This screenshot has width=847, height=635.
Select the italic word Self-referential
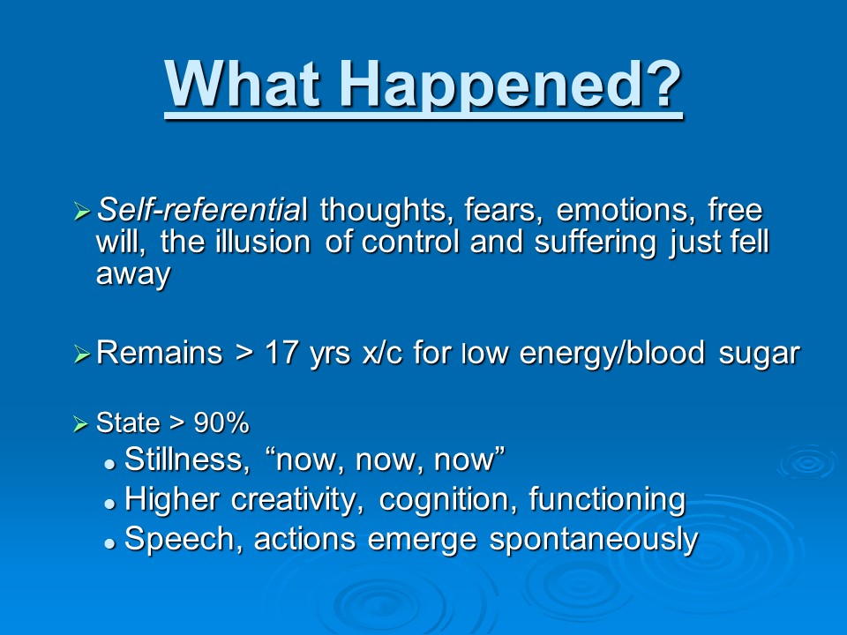202,210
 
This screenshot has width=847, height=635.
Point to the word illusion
263,242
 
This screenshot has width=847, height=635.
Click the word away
133,275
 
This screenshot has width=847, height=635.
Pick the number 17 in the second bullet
282,353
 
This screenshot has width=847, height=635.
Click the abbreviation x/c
382,353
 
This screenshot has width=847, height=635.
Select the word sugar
759,355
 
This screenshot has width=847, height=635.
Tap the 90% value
221,422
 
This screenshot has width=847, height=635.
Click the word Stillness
187,459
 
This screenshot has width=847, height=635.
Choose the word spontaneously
594,540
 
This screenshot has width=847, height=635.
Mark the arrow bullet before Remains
81,355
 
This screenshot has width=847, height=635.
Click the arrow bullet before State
80,424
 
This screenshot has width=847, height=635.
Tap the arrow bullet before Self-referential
81,211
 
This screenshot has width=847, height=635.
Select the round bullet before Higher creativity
111,504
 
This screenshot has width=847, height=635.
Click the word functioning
607,499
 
